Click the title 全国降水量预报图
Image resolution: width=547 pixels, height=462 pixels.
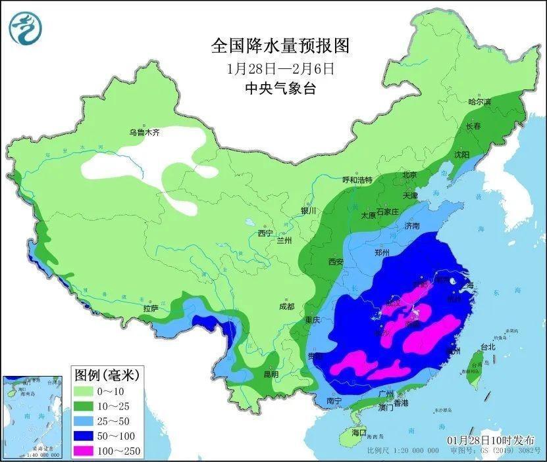pos(280,46)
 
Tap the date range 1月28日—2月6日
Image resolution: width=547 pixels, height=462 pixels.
pos(280,68)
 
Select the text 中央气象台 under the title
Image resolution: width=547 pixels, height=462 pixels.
pos(280,89)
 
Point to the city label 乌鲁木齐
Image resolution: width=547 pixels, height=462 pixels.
pos(145,132)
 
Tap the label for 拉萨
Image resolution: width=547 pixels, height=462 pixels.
pos(149,308)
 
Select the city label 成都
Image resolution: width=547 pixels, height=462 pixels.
pos(286,306)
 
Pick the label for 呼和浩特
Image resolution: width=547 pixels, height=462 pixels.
pos(357,180)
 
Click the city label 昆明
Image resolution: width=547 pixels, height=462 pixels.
pos(271,374)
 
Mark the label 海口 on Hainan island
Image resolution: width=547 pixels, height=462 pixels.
pos(359,434)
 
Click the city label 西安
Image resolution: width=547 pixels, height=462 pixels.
pos(336,262)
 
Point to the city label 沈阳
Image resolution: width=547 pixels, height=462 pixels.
pos(462,154)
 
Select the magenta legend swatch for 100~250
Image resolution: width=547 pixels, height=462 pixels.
pos(84,450)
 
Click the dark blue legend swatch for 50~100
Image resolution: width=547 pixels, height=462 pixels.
pos(84,435)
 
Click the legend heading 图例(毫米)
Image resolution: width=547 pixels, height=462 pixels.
pos(105,375)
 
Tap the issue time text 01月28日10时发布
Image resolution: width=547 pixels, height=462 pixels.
pos(491,439)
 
